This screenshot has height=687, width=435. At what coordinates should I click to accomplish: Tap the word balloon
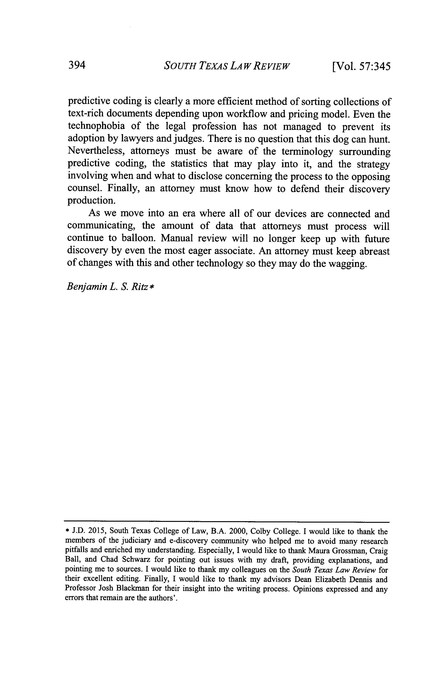pyautogui.click(x=138, y=238)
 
